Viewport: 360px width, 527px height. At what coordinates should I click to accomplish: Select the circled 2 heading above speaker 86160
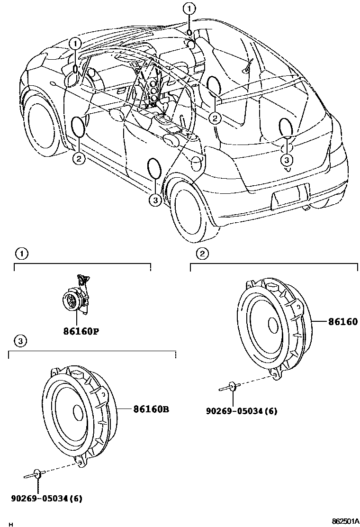(x=202, y=254)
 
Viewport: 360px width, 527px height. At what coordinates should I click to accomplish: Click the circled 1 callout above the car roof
(x=189, y=8)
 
